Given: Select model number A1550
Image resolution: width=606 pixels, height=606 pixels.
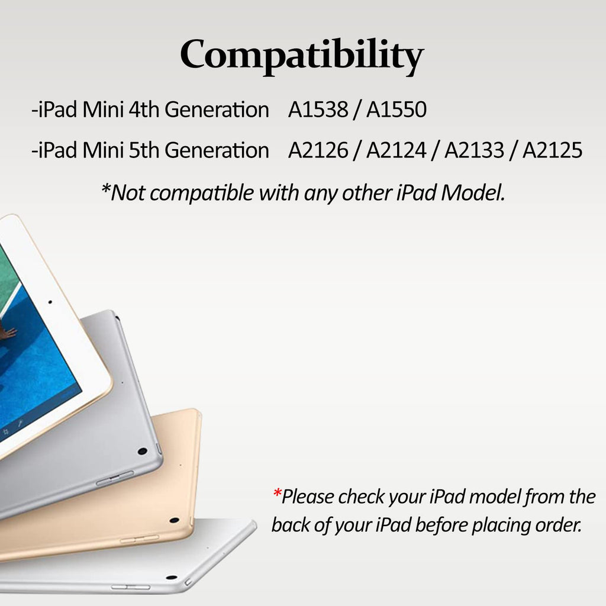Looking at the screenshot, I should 396,110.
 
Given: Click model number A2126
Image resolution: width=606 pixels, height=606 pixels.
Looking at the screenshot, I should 318,151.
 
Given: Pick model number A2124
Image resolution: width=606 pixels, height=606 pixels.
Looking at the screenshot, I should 396,151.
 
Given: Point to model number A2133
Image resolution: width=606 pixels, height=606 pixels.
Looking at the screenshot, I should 474,151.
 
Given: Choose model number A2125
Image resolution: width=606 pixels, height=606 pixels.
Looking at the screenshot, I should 553,151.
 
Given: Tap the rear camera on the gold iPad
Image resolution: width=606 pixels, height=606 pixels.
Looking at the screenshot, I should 174,521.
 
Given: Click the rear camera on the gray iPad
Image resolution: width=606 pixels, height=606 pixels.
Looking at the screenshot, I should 142,451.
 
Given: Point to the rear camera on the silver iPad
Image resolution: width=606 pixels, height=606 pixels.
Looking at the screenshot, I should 172,577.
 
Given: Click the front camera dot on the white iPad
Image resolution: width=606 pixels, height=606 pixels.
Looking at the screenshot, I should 50,302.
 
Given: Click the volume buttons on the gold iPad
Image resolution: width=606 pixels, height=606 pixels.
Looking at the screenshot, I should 139,539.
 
